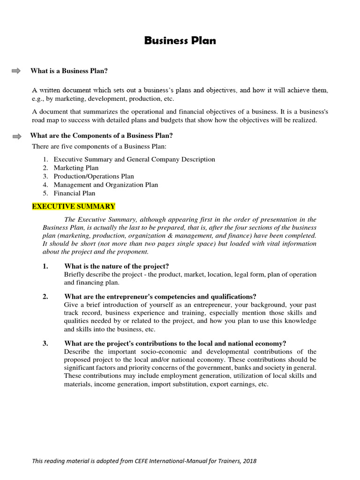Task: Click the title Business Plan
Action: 180,41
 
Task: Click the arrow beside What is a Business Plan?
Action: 16,71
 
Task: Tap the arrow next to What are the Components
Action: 16,136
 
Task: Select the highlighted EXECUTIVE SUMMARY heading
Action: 73,206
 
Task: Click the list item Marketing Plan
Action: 76,168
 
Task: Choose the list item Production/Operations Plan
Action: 94,176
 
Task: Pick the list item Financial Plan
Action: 74,193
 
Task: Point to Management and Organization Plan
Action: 105,185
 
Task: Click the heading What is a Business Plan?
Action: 69,71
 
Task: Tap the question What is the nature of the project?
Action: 116,266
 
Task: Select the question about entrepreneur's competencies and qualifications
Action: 160,296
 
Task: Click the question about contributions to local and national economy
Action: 175,343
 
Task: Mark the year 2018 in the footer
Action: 249,461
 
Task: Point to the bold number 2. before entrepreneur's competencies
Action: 45,296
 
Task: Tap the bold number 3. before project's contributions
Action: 45,343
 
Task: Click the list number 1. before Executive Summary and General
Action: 45,159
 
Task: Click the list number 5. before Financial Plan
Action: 45,193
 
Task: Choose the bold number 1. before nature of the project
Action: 45,266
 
